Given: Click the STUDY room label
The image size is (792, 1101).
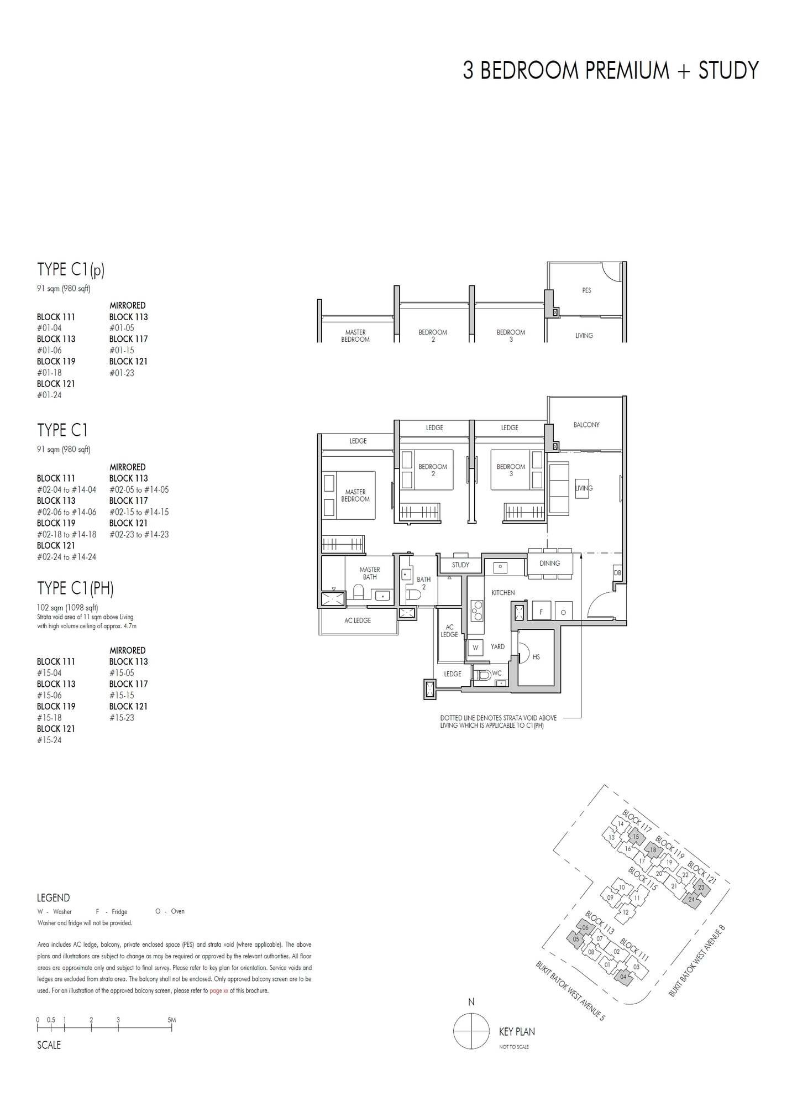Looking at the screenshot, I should click(x=460, y=565).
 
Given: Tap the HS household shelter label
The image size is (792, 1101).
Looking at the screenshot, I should click(x=536, y=657).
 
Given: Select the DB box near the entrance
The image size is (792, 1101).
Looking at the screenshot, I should click(x=617, y=573).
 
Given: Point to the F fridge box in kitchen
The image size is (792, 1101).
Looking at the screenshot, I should click(x=541, y=613).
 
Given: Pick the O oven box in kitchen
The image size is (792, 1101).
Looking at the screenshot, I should click(x=563, y=613).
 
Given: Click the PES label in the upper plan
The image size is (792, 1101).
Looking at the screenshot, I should click(x=586, y=290).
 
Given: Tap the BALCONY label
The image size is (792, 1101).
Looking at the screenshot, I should click(x=586, y=425).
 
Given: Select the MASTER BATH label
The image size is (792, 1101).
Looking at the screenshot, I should click(x=370, y=573).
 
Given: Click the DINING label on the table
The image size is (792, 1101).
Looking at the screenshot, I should click(x=549, y=563).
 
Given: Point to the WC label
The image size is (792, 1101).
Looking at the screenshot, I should click(x=496, y=674).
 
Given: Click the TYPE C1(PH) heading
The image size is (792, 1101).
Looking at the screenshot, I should click(x=75, y=588).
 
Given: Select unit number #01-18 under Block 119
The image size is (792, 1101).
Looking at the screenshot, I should click(x=49, y=373).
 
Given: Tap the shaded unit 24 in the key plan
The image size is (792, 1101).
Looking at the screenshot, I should click(x=691, y=900).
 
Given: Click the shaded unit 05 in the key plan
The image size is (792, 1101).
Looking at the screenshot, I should click(x=576, y=939).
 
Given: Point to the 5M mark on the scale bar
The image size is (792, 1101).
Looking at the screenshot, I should click(x=172, y=1020).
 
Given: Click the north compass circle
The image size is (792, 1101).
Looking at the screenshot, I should click(x=471, y=1032).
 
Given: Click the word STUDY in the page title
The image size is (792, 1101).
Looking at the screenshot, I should click(x=728, y=71).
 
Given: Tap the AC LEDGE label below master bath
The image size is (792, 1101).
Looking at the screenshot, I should click(x=358, y=620).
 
